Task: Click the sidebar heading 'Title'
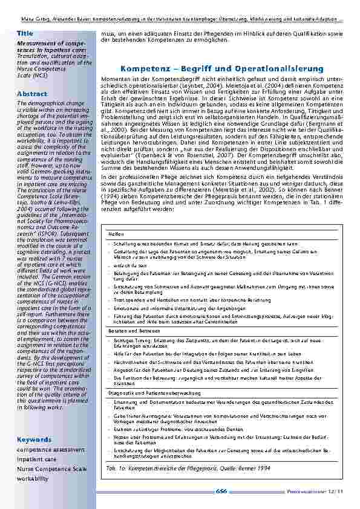[25, 33]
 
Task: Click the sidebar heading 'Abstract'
[32, 94]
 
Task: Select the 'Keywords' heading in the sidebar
[34, 439]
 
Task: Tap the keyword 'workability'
[33, 478]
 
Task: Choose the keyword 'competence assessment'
[50, 449]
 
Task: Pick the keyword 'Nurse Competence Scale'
[51, 468]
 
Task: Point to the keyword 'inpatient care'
[38, 459]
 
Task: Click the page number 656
[221, 491]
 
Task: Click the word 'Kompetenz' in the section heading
[143, 69]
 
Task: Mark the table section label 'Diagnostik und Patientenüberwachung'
[146, 394]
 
